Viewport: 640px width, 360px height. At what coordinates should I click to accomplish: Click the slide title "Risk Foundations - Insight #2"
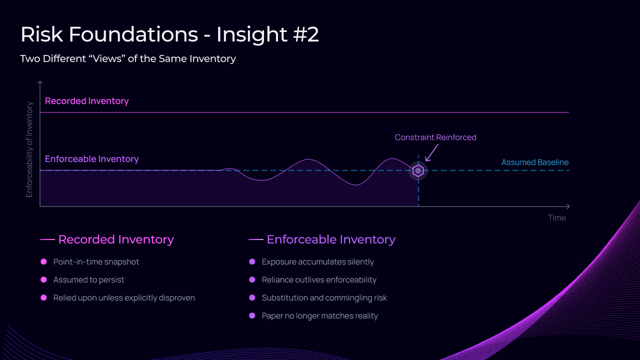coord(169,34)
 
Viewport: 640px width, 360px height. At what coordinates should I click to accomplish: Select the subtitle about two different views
coord(128,58)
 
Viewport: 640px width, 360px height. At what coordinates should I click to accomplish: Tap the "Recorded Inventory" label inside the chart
coord(87,101)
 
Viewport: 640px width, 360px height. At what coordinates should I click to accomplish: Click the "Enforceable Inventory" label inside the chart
coord(92,159)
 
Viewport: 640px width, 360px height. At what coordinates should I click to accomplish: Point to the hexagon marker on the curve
coord(418,171)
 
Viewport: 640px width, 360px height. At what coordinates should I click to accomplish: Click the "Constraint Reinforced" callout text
coord(435,137)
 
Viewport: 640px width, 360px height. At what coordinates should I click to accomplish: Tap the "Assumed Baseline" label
coord(535,162)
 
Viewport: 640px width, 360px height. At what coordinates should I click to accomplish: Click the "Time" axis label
coord(556,217)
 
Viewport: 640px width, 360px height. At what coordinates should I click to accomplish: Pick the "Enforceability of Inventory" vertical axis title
coord(29,149)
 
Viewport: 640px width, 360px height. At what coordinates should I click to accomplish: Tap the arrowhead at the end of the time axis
coord(567,206)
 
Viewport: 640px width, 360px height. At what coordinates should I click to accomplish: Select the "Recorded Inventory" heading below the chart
coord(116,239)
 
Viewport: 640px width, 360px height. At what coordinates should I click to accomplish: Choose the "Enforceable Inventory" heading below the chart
coord(331,239)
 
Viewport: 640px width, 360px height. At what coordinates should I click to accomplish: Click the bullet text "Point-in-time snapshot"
coord(96,262)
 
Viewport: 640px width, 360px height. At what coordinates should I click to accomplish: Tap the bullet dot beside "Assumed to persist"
coord(43,280)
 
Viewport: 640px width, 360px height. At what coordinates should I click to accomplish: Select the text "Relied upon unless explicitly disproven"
coord(124,298)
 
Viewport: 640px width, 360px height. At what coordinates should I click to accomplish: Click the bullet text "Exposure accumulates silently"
coord(318,262)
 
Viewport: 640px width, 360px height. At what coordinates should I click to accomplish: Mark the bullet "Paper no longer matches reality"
coord(320,316)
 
